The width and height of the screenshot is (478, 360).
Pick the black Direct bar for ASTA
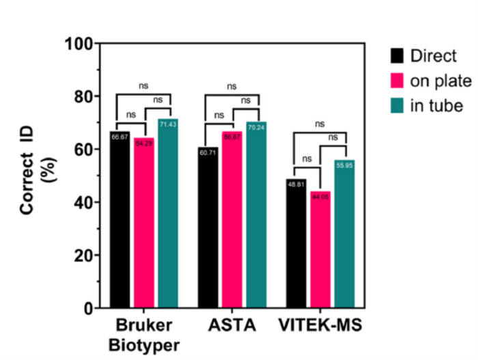(x=208, y=228)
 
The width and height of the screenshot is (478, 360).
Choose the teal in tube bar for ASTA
(x=256, y=215)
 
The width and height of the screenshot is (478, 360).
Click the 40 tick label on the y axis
(x=83, y=202)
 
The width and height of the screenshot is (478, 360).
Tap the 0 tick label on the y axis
(x=88, y=309)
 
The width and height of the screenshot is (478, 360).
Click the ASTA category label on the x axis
(x=232, y=327)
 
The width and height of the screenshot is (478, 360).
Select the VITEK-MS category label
(x=320, y=327)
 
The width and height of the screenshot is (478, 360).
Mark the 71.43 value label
(x=167, y=124)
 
